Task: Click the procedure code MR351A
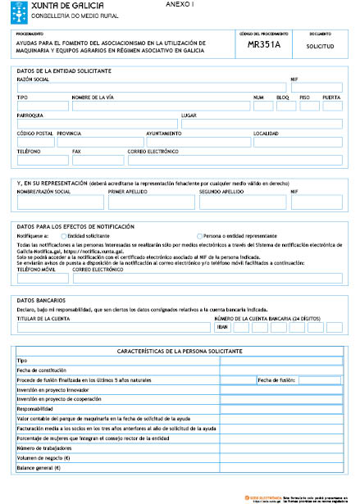pos(263,47)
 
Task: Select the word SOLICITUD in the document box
pos(320,48)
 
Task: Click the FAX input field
pos(98,160)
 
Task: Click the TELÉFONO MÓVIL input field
pos(43,278)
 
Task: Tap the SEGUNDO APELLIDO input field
pos(243,202)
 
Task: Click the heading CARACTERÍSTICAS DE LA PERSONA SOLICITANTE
pos(180,350)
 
